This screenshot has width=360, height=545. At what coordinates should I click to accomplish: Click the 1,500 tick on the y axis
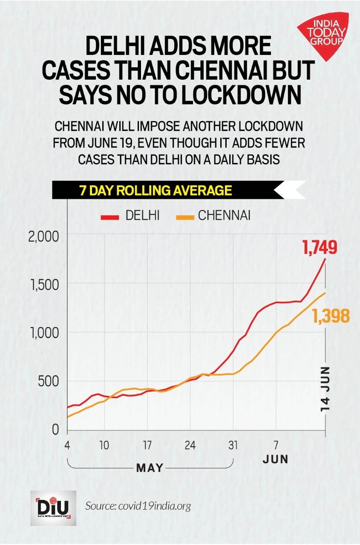(x=44, y=284)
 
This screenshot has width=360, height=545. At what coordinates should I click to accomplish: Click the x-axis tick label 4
(x=68, y=446)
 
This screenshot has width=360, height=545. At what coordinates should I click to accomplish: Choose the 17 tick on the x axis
(x=147, y=446)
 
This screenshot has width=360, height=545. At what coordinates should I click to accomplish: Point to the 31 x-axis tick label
(x=233, y=446)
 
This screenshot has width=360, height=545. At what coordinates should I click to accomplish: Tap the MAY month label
(x=150, y=468)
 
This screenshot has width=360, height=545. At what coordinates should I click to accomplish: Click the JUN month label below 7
(x=275, y=459)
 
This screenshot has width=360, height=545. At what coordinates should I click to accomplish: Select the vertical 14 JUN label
(x=326, y=388)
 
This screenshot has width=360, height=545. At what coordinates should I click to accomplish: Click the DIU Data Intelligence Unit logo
(x=53, y=507)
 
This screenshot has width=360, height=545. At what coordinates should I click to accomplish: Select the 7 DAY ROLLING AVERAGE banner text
(x=156, y=190)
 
